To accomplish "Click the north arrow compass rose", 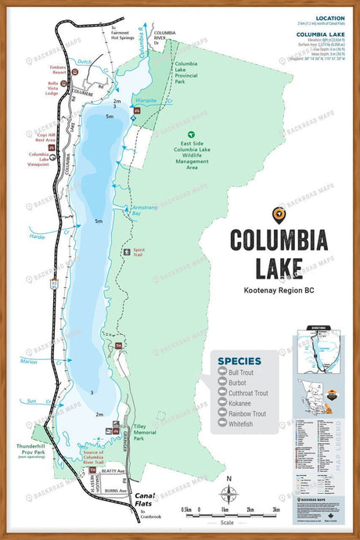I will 229,493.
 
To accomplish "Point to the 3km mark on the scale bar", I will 275,509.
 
